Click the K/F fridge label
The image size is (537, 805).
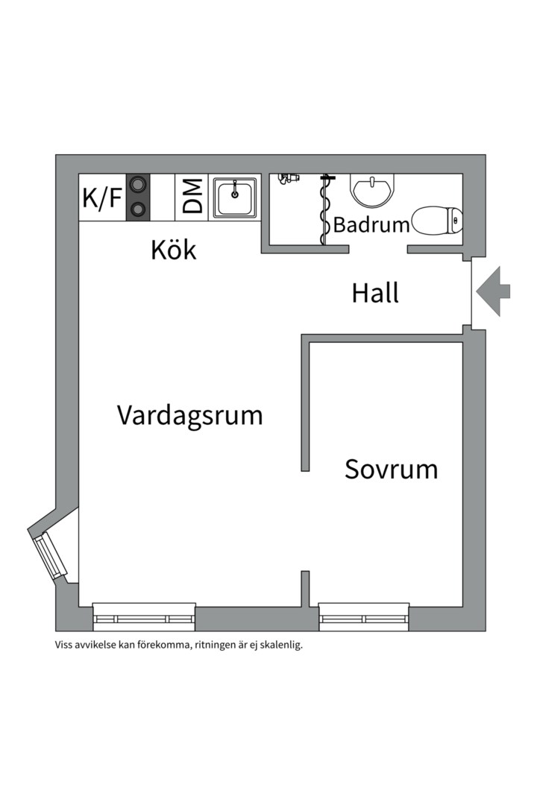tap(102, 198)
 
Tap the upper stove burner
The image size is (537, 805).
tap(137, 185)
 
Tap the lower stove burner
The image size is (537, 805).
tap(137, 209)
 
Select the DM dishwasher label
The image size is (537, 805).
tap(192, 198)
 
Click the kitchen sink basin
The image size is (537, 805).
tap(236, 197)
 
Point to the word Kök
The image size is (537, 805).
tap(174, 250)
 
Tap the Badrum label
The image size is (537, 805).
tap(371, 224)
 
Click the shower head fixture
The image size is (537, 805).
tap(288, 178)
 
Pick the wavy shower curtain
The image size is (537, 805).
tap(324, 210)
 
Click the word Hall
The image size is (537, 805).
tap(375, 294)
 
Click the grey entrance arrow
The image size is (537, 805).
tap(494, 291)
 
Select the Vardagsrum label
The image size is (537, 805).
tap(189, 415)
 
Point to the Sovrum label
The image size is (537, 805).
tap(391, 470)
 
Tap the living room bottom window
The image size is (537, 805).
tap(144, 618)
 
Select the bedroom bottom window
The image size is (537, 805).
tap(364, 618)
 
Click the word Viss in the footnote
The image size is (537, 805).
tap(65, 645)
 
